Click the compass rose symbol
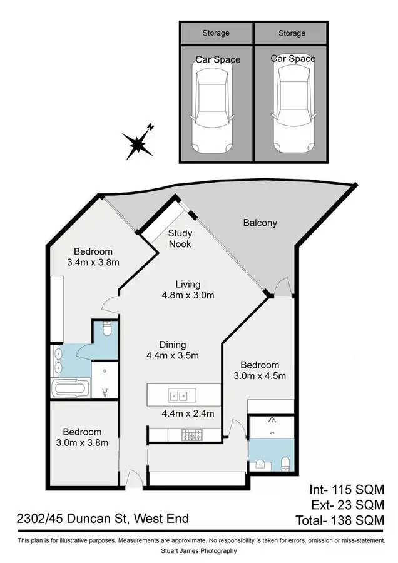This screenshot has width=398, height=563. (x=138, y=143)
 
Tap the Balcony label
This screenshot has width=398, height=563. (x=260, y=223)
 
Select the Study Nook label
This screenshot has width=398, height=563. (x=179, y=239)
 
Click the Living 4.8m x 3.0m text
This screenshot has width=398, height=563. (x=188, y=290)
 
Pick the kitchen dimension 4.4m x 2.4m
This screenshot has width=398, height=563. (x=188, y=413)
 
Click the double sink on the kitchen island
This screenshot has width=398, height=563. (x=178, y=395)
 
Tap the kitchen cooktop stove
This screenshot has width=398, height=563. (x=190, y=434)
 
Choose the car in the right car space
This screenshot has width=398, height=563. (x=292, y=111)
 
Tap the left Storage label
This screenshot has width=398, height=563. (x=216, y=33)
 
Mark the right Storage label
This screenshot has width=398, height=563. (x=292, y=33)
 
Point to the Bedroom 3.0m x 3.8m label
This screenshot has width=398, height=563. (x=82, y=437)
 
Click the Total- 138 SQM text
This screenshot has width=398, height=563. (x=346, y=519)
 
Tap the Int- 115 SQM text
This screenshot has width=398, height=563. (x=346, y=489)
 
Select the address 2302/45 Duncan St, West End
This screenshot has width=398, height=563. (x=103, y=519)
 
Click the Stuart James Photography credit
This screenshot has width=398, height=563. (x=199, y=551)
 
